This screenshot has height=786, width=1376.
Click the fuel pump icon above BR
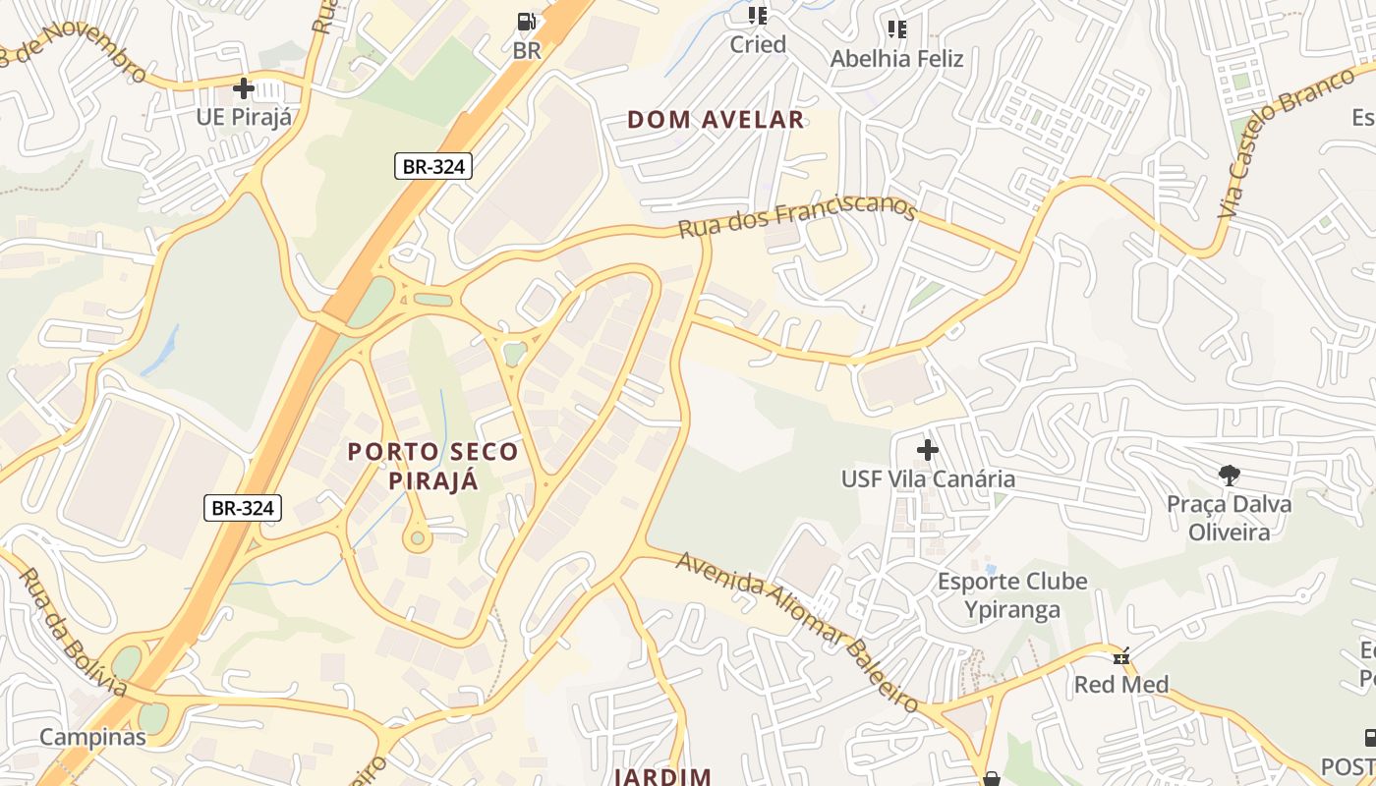[x=527, y=21]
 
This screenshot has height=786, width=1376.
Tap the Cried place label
[x=757, y=44]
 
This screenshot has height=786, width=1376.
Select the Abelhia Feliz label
[x=896, y=58]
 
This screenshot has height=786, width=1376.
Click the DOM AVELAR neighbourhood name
[x=716, y=120]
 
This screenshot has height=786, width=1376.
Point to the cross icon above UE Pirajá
[x=244, y=88]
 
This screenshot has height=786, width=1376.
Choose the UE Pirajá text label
[x=244, y=117]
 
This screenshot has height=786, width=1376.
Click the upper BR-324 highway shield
[x=433, y=166]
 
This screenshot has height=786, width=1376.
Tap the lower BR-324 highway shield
[x=243, y=508]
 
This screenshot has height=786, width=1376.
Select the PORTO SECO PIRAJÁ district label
[x=433, y=466]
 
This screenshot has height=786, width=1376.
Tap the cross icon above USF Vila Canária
[x=927, y=450]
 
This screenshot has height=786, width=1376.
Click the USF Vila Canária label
[x=928, y=479]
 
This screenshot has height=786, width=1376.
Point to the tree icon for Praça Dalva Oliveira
[x=1229, y=476]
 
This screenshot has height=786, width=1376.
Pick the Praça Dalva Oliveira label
[x=1229, y=518]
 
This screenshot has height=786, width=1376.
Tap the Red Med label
[x=1120, y=684]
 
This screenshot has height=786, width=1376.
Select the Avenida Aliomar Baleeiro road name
[x=797, y=630]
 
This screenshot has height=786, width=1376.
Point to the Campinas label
[x=92, y=737]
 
